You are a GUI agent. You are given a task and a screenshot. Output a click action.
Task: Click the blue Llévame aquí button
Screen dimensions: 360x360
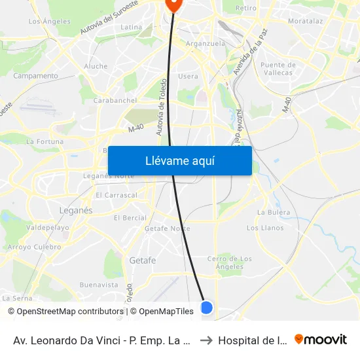(179, 160)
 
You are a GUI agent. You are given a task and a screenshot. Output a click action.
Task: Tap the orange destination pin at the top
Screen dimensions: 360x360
(174, 4)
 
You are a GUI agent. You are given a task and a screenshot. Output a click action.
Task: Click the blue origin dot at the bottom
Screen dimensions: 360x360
(206, 307)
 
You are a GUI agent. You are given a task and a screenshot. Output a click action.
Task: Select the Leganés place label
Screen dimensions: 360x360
(76, 211)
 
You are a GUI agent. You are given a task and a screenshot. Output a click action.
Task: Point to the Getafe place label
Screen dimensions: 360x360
(142, 260)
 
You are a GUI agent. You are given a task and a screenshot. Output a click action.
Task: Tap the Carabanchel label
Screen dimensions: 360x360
(115, 100)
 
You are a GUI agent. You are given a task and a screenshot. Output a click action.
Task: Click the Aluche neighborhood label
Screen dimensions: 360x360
(96, 66)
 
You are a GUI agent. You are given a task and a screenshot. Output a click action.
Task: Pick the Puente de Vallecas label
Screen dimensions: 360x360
(278, 69)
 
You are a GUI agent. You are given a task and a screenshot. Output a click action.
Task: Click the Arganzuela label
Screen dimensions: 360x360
(206, 43)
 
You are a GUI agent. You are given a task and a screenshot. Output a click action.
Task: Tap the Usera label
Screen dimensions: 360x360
(188, 77)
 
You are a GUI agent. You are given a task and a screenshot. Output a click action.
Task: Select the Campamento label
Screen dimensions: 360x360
(35, 76)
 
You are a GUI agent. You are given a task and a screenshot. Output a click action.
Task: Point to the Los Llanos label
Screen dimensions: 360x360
(265, 228)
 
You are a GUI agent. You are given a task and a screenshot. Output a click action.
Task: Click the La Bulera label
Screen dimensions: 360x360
(274, 212)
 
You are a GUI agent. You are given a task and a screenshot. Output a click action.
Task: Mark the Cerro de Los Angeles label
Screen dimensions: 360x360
(230, 262)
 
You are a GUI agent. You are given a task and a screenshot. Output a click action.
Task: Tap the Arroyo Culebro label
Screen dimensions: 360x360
(33, 247)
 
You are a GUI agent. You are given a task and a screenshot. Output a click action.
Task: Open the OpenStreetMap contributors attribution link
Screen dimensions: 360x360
(67, 312)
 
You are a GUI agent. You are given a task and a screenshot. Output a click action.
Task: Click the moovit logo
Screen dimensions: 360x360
(320, 339)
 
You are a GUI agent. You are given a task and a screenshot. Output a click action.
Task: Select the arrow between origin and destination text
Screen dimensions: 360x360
(206, 340)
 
